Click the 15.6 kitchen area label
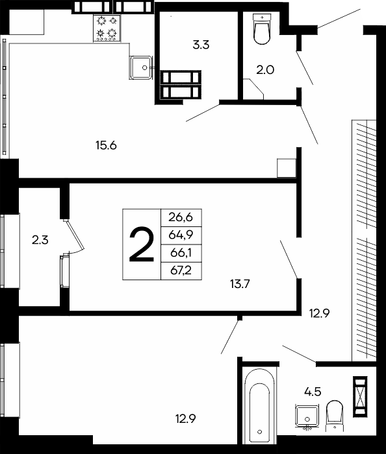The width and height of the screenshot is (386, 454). pyautogui.click(x=106, y=145)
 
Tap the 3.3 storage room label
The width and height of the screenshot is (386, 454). pyautogui.click(x=201, y=45)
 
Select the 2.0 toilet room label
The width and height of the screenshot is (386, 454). pyautogui.click(x=265, y=70)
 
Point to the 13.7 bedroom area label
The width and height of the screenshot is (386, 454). pyautogui.click(x=240, y=284)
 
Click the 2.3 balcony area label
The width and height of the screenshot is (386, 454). pyautogui.click(x=40, y=240)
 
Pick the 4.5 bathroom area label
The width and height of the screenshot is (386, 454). pyautogui.click(x=313, y=392)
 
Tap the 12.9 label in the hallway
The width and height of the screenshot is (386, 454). pyautogui.click(x=319, y=313)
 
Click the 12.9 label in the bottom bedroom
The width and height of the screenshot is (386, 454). pyautogui.click(x=186, y=418)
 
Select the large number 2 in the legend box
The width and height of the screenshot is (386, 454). pyautogui.click(x=141, y=245)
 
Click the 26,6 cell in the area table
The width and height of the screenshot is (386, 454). pyautogui.click(x=181, y=217)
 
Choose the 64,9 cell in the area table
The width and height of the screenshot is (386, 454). pyautogui.click(x=181, y=235)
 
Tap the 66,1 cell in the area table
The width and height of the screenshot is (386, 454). pyautogui.click(x=181, y=253)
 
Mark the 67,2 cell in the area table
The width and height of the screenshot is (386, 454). pyautogui.click(x=181, y=271)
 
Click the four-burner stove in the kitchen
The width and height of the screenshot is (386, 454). pyautogui.click(x=107, y=29)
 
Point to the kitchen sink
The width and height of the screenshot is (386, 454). pyautogui.click(x=141, y=67)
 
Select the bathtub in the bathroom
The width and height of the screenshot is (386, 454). pyautogui.click(x=259, y=405)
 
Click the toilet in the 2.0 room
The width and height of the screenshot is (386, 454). pyautogui.click(x=262, y=29)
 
